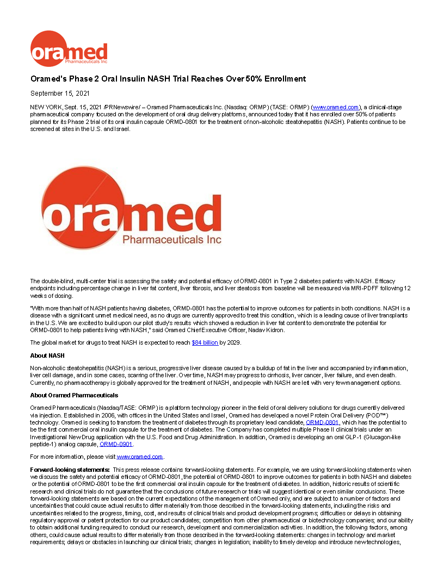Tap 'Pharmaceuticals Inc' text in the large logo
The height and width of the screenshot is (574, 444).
point(172,239)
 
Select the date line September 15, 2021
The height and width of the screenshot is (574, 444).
point(60,93)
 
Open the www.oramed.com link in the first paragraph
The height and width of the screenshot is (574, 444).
point(335,108)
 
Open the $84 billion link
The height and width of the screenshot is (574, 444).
point(205,343)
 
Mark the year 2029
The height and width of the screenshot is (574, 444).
point(233,343)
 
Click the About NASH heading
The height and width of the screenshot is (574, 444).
point(47,355)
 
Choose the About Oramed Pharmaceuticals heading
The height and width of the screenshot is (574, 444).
point(74,395)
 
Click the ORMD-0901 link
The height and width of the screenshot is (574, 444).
point(116,444)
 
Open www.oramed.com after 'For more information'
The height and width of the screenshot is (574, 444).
point(140,457)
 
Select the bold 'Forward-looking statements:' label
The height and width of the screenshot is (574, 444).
point(70,469)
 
